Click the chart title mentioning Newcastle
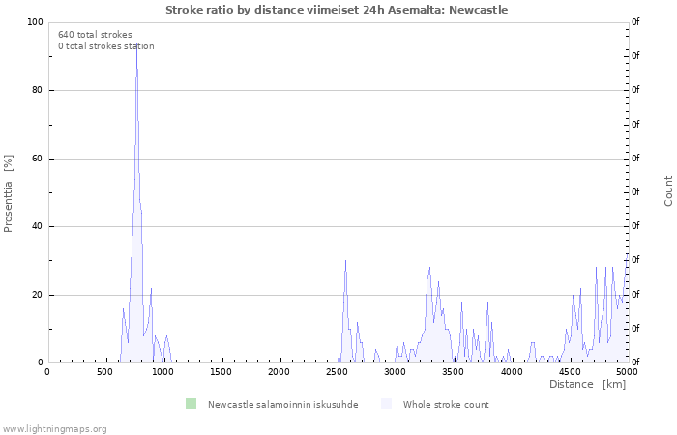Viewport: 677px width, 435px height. coord(337,10)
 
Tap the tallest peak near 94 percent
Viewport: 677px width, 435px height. coord(137,43)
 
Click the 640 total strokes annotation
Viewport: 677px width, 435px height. coord(95,35)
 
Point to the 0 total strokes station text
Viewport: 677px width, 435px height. coord(106,46)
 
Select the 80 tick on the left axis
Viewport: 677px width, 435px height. coord(36,90)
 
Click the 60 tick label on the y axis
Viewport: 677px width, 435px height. coord(36,159)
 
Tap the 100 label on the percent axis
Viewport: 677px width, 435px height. coord(35,22)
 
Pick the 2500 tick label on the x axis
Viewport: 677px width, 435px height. coord(337,371)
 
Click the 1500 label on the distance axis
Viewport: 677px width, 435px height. coord(221,371)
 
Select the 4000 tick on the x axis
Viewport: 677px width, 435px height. coord(512,371)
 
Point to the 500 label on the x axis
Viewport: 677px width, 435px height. coord(104,371)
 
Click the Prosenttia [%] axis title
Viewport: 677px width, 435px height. coord(8,193)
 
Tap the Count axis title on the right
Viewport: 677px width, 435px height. coord(668,191)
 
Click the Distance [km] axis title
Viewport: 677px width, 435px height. coord(587,384)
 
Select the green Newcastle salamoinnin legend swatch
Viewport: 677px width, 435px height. coord(191,404)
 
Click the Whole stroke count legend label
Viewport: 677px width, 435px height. coord(446,405)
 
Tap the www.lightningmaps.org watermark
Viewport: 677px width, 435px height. coord(53,429)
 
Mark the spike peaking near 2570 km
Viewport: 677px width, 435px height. coord(345,261)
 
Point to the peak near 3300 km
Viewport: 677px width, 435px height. coord(429,268)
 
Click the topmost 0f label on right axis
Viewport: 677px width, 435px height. coord(635,21)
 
